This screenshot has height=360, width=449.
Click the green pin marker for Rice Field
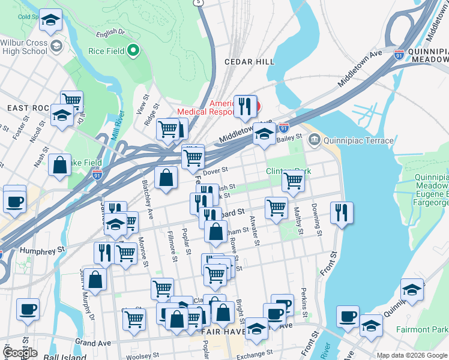pos(133,51)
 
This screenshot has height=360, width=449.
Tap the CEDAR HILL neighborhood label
pos(249,62)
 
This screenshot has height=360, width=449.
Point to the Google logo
pos(20,353)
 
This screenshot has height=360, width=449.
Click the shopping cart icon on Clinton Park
pos(293,180)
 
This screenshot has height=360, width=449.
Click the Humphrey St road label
pos(42,250)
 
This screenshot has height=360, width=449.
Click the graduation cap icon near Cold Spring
pos(51,20)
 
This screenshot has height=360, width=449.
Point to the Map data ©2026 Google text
pos(412,355)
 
